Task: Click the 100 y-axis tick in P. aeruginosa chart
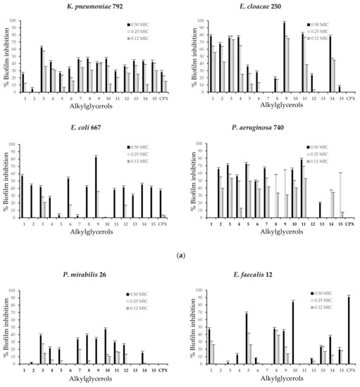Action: (x=201, y=144)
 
